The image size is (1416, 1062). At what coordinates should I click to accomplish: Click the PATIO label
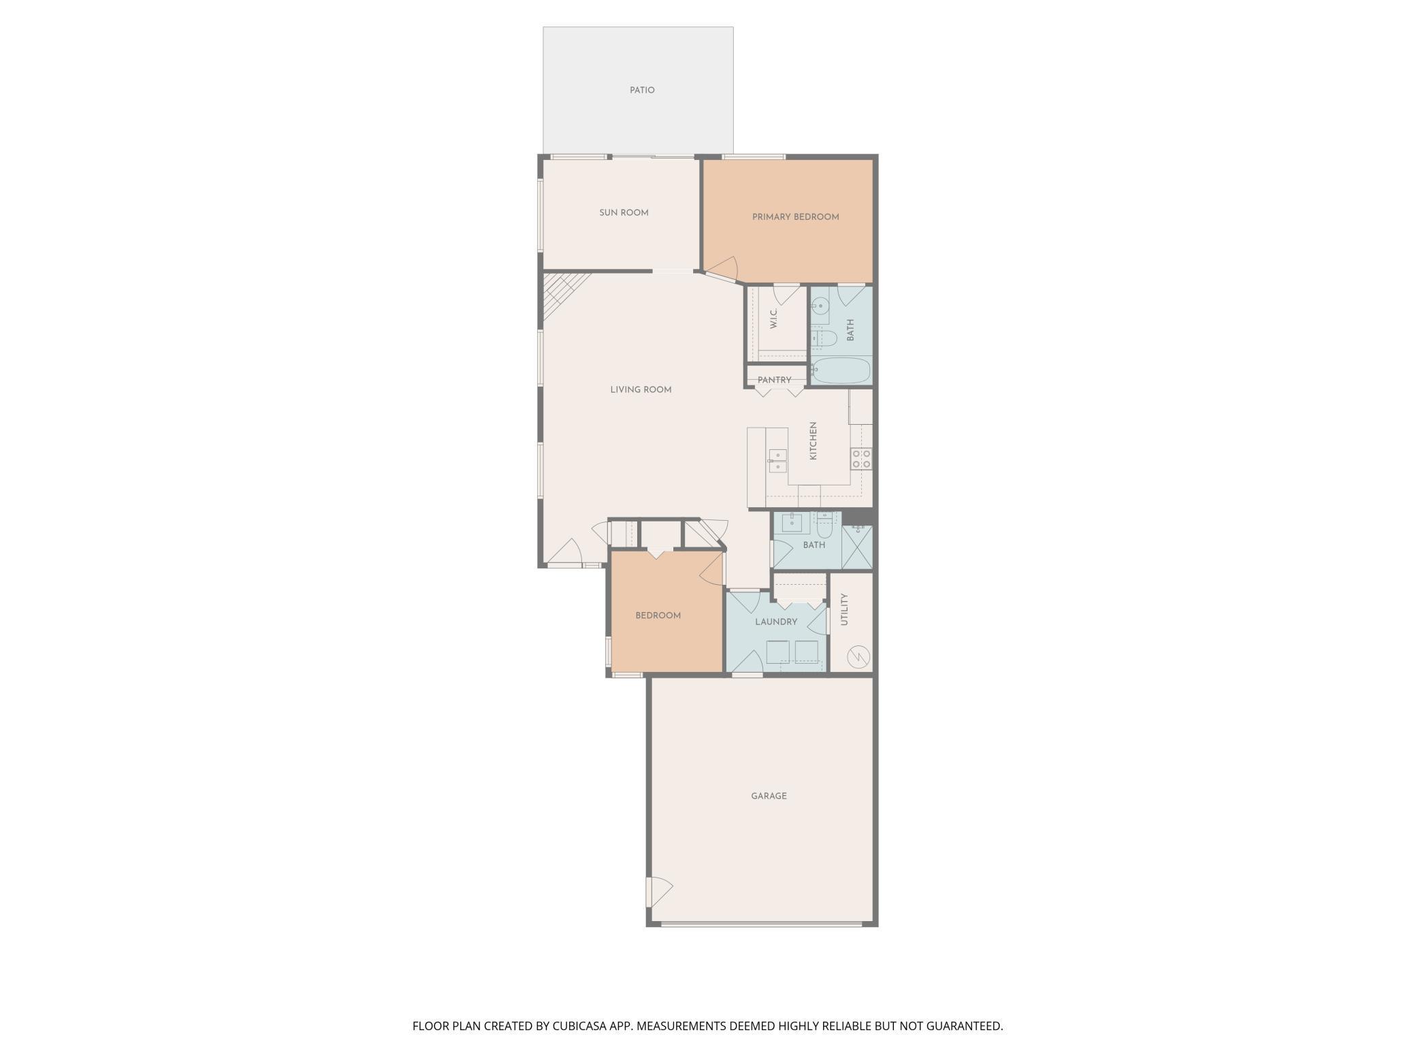pyautogui.click(x=642, y=90)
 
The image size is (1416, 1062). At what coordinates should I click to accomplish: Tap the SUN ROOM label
pyautogui.click(x=624, y=212)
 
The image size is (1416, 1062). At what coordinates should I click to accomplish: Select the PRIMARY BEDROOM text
pyautogui.click(x=795, y=216)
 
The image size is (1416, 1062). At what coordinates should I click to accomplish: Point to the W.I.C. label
pyautogui.click(x=774, y=319)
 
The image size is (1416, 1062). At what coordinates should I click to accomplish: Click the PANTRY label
pyautogui.click(x=775, y=380)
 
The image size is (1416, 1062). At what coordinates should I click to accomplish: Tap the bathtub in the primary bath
pyautogui.click(x=841, y=371)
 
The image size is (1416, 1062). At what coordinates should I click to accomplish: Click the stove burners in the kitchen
pyautogui.click(x=861, y=458)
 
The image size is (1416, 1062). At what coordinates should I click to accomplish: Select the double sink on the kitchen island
pyautogui.click(x=777, y=461)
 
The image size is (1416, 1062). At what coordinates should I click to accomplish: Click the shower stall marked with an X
pyautogui.click(x=857, y=547)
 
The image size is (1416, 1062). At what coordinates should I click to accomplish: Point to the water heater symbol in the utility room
pyautogui.click(x=858, y=657)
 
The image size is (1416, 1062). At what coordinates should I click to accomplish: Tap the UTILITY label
pyautogui.click(x=844, y=609)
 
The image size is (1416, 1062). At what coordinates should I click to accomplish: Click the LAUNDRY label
pyautogui.click(x=776, y=622)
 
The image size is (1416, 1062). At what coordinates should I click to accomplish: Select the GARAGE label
pyautogui.click(x=769, y=795)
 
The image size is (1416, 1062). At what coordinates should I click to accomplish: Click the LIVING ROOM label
pyautogui.click(x=641, y=389)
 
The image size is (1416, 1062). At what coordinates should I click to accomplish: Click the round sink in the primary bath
pyautogui.click(x=821, y=306)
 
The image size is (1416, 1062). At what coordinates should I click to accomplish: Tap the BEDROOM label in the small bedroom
pyautogui.click(x=658, y=615)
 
